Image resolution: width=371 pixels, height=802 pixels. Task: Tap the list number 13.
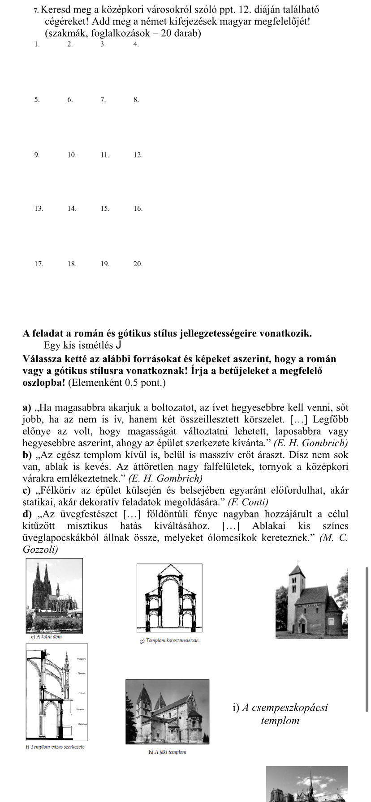point(39,209)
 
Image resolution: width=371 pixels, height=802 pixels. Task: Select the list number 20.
point(138,264)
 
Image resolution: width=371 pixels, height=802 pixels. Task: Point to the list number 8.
point(136,100)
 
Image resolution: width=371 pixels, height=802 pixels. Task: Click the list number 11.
point(105,155)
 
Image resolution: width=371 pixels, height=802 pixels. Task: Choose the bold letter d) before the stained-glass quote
point(27,514)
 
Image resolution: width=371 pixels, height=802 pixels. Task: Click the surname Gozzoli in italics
point(40,549)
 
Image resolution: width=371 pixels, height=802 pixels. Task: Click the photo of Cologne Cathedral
point(54,595)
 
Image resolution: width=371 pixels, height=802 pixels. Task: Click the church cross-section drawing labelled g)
point(169,597)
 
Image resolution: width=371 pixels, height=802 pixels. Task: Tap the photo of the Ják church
point(167,712)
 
